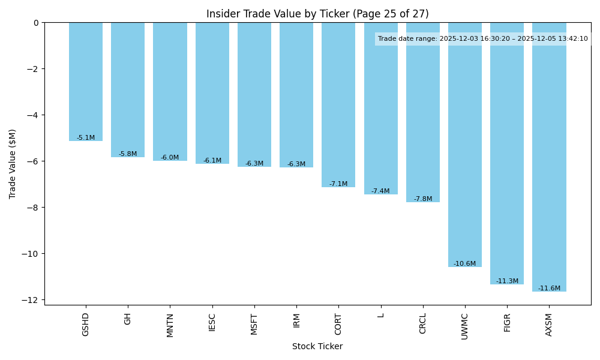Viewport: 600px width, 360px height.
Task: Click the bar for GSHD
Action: click(x=86, y=82)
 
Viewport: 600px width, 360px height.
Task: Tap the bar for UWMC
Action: click(x=465, y=145)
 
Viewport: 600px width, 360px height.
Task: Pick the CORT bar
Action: click(x=338, y=105)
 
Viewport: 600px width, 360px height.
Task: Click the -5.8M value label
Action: click(x=128, y=154)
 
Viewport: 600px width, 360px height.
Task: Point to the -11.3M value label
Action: click(x=507, y=281)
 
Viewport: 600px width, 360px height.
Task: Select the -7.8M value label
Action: click(x=423, y=199)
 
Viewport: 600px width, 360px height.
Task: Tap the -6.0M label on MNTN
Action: click(x=170, y=158)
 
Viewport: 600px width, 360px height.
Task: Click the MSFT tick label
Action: click(x=254, y=324)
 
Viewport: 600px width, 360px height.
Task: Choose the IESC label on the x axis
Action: click(x=212, y=323)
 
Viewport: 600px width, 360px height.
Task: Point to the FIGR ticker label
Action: click(x=507, y=323)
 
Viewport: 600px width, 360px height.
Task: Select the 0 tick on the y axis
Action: click(x=36, y=23)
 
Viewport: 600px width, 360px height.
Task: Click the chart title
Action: click(x=317, y=14)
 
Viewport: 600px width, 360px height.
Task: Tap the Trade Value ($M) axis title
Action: click(x=13, y=164)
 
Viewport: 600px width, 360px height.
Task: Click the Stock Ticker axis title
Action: click(x=317, y=347)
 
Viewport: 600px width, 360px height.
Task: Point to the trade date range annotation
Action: click(x=483, y=39)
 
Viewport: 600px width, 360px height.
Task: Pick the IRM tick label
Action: click(x=296, y=320)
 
